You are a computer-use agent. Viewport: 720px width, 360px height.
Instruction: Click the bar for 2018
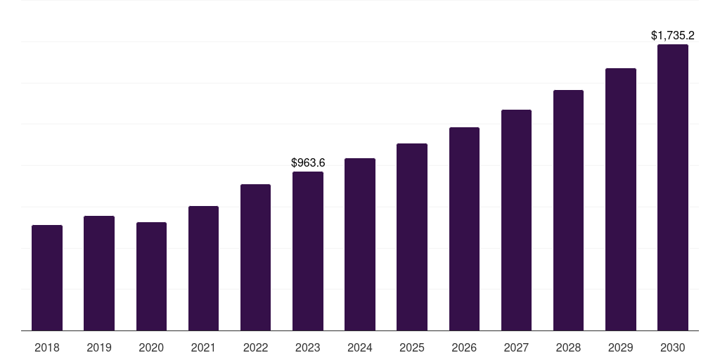(47, 278)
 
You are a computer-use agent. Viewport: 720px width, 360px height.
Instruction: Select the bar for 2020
(151, 276)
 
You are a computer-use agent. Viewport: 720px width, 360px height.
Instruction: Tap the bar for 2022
(255, 257)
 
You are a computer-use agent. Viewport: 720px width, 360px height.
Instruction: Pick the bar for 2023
(308, 251)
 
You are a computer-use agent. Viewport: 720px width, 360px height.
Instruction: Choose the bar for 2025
(412, 237)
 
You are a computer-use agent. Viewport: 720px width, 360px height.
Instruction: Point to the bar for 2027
(516, 220)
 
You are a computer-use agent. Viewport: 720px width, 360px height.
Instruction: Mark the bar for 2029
(621, 200)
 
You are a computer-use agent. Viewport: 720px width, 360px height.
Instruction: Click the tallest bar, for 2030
(673, 188)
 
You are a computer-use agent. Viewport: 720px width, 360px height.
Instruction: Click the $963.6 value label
(308, 163)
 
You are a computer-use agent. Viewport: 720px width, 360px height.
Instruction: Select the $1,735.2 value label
(673, 35)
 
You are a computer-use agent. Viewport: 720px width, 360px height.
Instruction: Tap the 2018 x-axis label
(47, 348)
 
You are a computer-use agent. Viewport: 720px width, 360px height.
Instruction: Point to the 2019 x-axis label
(99, 348)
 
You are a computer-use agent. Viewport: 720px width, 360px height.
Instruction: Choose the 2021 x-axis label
(203, 348)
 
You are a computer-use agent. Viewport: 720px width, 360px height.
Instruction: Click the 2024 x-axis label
(360, 348)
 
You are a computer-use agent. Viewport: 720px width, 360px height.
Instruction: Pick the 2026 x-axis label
(464, 348)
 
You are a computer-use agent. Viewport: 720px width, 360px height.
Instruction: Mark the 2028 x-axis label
(568, 348)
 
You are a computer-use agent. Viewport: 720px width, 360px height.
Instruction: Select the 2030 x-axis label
(673, 348)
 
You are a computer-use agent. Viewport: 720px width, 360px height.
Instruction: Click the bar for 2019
(99, 274)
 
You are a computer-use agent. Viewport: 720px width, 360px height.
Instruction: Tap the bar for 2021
(203, 269)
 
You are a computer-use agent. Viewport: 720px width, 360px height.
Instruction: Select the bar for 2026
(464, 229)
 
